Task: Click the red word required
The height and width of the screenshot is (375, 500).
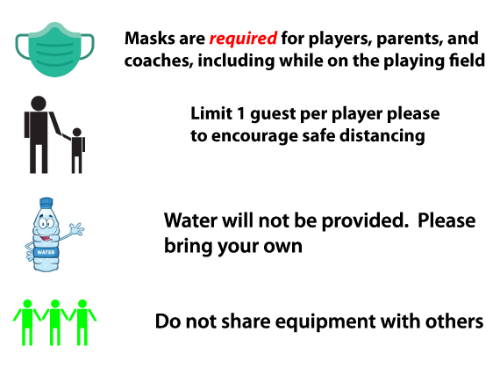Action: [243, 39]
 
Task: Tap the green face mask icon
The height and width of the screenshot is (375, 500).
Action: [55, 49]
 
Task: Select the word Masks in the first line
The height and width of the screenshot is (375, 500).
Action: [149, 38]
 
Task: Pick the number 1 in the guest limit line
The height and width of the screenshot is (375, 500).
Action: [239, 113]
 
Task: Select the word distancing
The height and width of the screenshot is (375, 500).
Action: [382, 136]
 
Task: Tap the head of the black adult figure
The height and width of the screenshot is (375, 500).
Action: [39, 104]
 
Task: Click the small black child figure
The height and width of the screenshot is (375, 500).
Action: [77, 150]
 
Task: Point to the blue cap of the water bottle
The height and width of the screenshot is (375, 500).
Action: [46, 202]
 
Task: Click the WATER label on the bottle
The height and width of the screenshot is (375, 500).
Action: [46, 252]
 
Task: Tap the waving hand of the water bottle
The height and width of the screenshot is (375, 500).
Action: [76, 229]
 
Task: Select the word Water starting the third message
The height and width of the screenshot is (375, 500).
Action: [190, 220]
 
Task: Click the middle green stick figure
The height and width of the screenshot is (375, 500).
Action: [55, 322]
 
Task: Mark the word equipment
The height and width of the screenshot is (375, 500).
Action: [325, 322]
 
